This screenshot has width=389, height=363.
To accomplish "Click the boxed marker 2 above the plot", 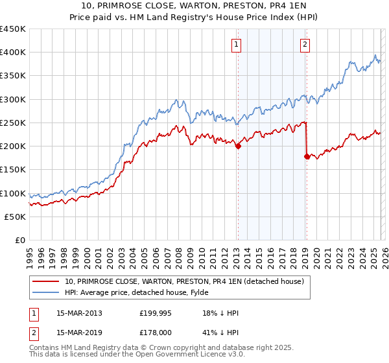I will click(x=305, y=45).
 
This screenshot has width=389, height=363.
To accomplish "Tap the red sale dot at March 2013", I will click(x=238, y=146).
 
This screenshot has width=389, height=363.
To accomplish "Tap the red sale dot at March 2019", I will click(x=307, y=156).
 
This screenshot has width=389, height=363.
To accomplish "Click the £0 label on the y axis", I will click(x=20, y=240).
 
